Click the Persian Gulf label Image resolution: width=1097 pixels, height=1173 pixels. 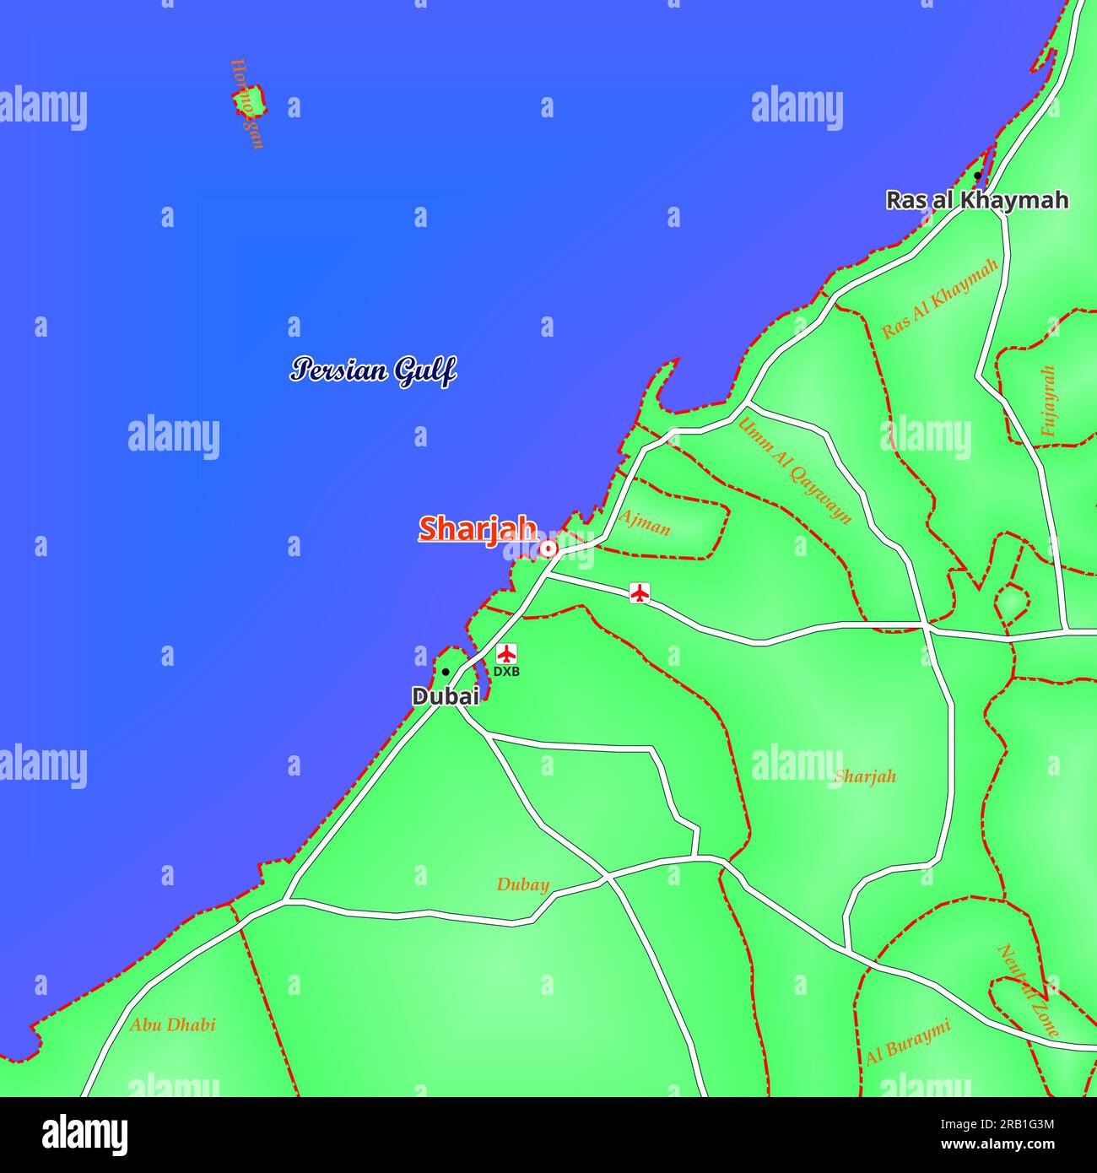coord(373,370)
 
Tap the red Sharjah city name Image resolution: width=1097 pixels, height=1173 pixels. coord(478,529)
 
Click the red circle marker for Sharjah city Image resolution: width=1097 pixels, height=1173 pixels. coord(548,549)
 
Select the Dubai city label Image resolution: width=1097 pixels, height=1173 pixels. coord(446,696)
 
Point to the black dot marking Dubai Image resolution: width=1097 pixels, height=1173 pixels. coord(446,672)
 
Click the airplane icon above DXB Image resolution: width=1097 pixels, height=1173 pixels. coord(506,653)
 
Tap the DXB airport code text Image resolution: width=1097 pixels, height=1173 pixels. coord(506,672)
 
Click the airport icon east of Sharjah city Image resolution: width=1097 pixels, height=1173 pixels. coord(640,593)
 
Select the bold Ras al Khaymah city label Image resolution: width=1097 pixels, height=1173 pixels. coord(976,200)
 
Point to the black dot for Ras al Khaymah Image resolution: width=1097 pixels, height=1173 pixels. coord(977,176)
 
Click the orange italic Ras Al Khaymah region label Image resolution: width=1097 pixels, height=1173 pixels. coord(940,298)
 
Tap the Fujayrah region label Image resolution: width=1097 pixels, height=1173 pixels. coord(1048,401)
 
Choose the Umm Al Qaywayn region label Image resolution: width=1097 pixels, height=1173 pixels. coord(794,470)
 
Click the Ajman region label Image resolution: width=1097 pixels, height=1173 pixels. coord(645,523)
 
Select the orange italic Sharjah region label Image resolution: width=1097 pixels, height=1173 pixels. coord(865,776)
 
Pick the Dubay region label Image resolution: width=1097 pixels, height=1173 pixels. coord(522,884)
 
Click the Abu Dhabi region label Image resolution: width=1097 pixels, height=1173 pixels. coord(172,1024)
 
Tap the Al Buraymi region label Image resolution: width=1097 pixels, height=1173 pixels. coord(908,1041)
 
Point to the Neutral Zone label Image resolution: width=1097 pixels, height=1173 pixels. coord(1029,989)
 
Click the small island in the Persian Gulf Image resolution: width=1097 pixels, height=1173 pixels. coord(250,100)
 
